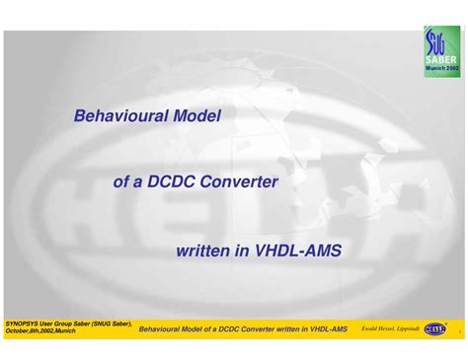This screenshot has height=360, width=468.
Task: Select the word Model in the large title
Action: [x=195, y=115]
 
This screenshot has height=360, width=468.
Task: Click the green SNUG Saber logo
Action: [x=441, y=51]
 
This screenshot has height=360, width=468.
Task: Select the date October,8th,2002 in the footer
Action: [x=29, y=331]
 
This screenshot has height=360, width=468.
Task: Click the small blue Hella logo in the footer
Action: [x=434, y=327]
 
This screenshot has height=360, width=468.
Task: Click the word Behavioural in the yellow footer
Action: [x=161, y=328]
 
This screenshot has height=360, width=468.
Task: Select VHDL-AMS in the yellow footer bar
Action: [x=325, y=328]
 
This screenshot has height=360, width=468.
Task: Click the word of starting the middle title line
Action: [x=122, y=181]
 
